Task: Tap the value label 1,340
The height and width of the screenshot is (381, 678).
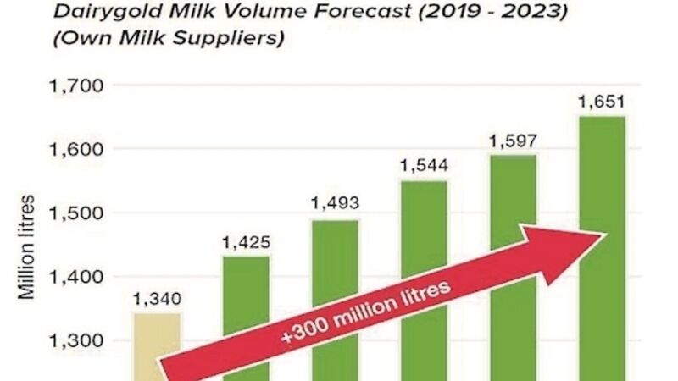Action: click(157, 299)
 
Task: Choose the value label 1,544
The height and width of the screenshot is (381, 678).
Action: click(424, 165)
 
